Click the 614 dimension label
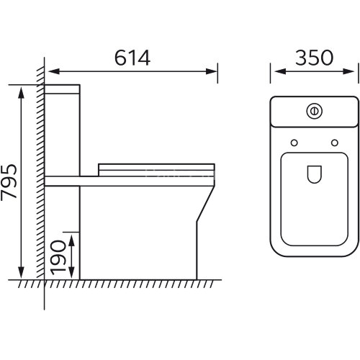point(132,58)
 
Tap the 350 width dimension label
point(314,58)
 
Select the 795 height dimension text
point(9,182)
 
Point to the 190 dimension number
point(58,258)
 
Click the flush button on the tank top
point(314,111)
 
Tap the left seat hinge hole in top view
point(294,143)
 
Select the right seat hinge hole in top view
point(335,143)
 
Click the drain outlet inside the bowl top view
point(315,174)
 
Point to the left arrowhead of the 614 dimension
point(54,71)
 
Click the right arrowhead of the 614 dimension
point(212,71)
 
